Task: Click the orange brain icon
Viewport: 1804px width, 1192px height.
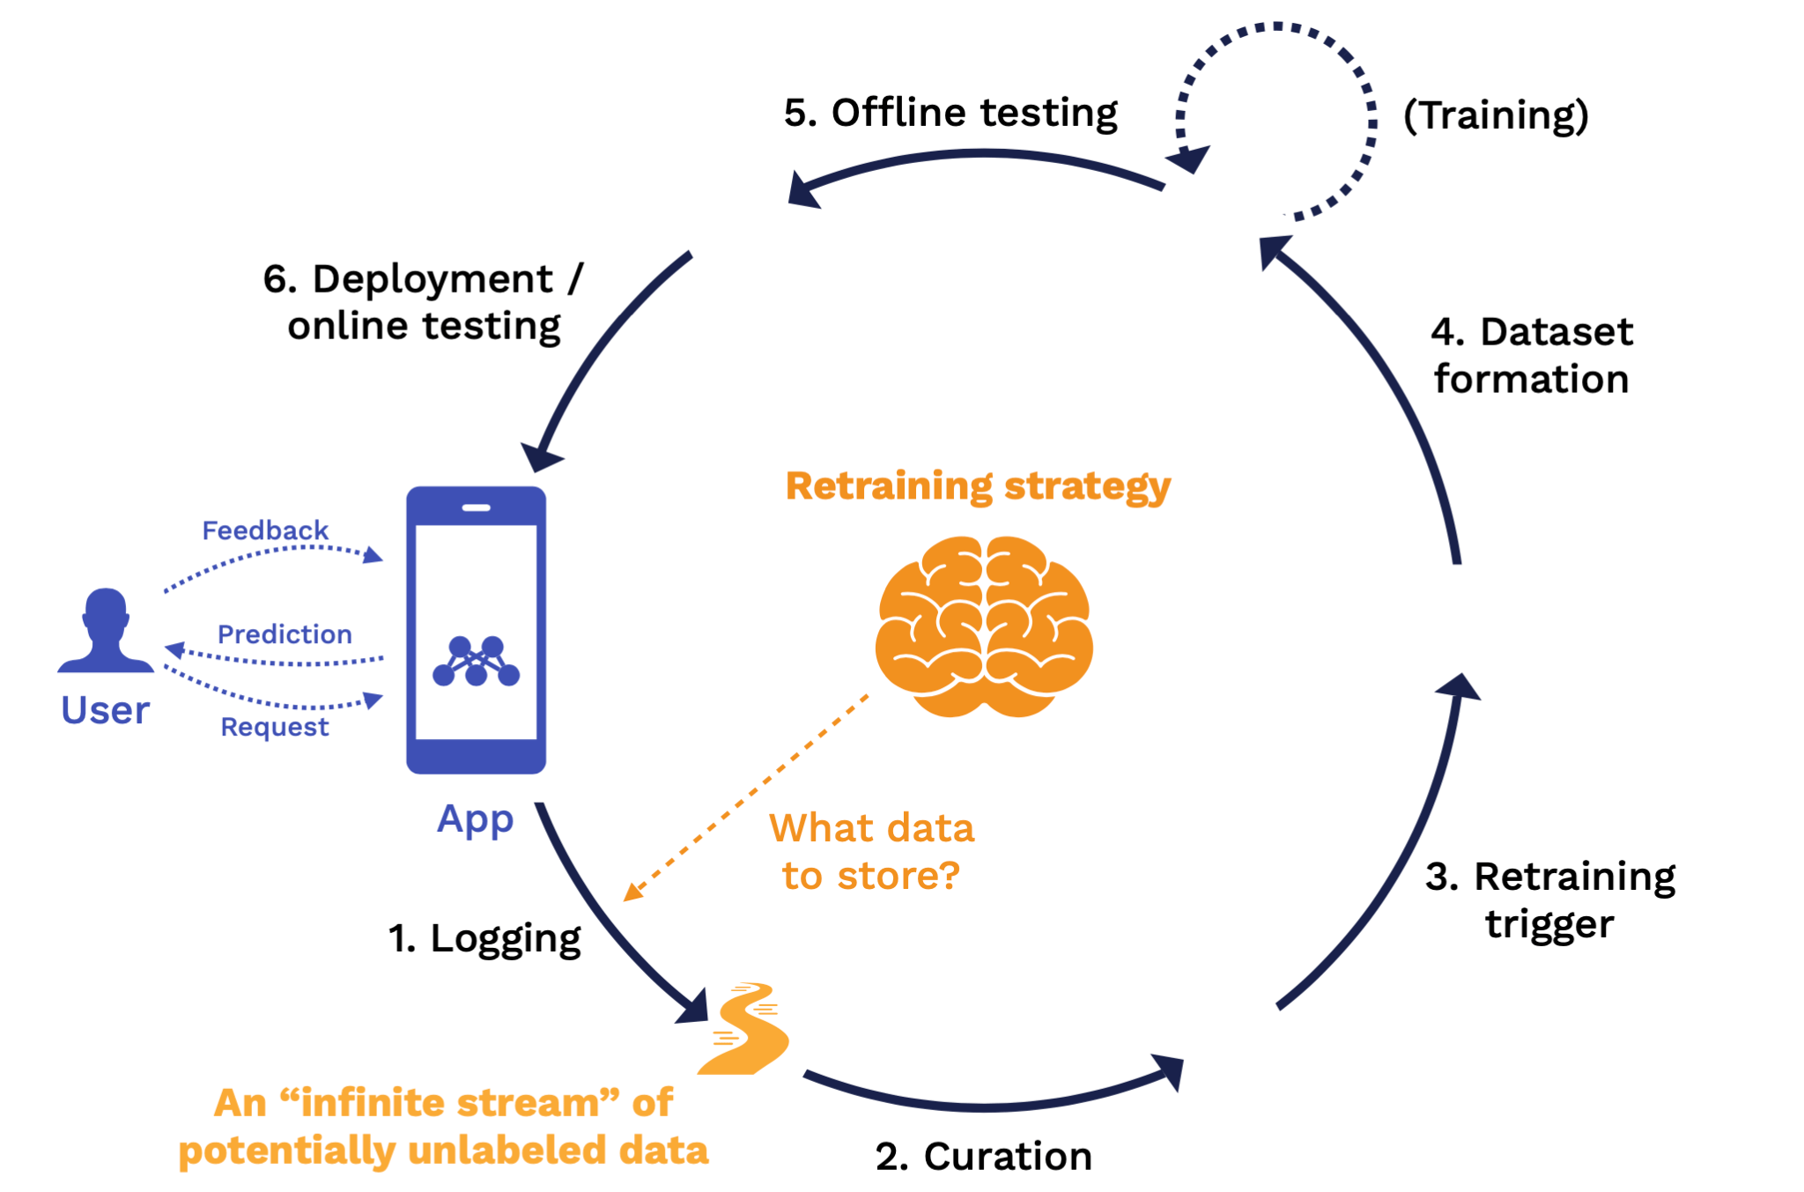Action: coord(984,626)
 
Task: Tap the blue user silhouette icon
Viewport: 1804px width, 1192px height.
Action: coord(106,632)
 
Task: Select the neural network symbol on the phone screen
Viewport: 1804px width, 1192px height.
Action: coord(476,662)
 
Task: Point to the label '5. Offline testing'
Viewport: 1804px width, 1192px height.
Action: coord(950,113)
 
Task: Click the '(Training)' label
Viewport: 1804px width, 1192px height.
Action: coord(1496,115)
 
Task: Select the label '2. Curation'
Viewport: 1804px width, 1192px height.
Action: coord(983,1156)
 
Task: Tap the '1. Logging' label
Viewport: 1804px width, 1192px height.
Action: coord(484,938)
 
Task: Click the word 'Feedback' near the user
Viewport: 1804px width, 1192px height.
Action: coord(265,530)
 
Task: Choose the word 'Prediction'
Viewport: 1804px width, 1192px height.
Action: coord(285,634)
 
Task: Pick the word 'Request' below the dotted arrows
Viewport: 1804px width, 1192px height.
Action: coord(274,727)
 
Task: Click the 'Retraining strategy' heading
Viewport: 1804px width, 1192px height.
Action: coord(978,486)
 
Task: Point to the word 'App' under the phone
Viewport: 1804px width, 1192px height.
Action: coord(475,819)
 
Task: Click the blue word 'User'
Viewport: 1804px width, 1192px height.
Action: coord(105,710)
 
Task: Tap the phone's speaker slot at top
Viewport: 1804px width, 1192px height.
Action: coord(476,507)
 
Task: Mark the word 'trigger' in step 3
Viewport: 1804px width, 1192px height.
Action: coord(1549,924)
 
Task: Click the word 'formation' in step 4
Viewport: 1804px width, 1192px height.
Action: coord(1531,379)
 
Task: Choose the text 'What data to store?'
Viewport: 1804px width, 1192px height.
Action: coord(871,852)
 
